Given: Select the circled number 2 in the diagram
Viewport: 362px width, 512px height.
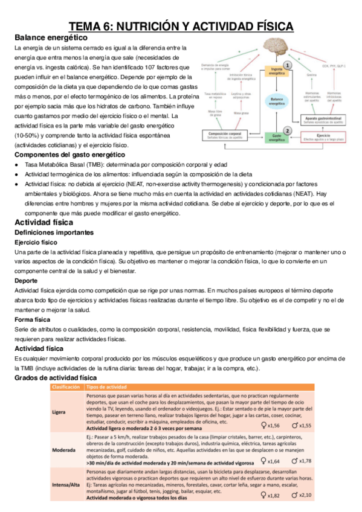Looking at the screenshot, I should [288, 130].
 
